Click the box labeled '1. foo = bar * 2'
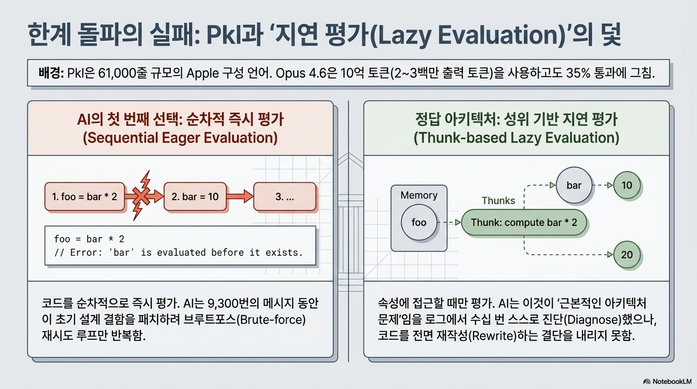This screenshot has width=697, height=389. click(85, 197)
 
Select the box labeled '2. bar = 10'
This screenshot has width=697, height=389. click(195, 197)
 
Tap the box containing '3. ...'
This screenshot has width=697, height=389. click(285, 197)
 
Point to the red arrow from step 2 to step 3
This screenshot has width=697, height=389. click(240, 197)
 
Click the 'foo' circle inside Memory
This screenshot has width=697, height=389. click(419, 222)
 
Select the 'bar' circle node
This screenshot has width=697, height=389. click(574, 185)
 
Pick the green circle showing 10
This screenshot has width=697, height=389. click(627, 185)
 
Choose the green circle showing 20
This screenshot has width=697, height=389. click(627, 255)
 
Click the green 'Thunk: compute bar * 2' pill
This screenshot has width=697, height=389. click(524, 222)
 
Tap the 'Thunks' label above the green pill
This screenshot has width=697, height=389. click(498, 201)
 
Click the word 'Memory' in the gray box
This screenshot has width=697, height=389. click(419, 195)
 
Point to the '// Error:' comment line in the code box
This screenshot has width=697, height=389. click(178, 252)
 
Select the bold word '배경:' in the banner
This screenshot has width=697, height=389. click(51, 73)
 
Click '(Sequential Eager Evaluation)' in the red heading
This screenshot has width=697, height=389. click(180, 138)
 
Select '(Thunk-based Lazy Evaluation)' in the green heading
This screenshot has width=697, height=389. click(516, 138)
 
